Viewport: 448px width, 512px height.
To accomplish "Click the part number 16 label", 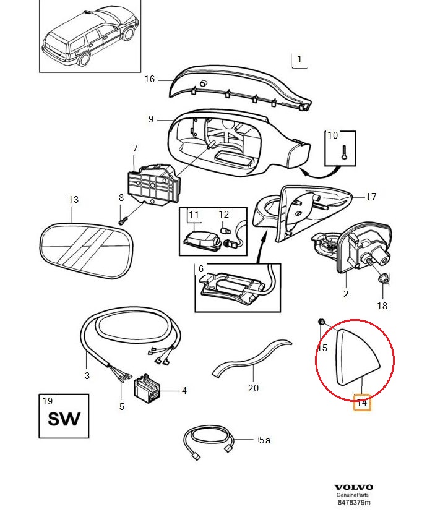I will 149,79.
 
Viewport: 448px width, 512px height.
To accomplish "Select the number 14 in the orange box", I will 362,403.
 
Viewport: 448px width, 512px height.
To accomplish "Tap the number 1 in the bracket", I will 299,59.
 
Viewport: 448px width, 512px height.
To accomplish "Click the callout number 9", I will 150,119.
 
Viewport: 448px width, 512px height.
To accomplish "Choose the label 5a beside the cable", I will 264,440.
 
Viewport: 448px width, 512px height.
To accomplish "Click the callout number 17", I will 371,197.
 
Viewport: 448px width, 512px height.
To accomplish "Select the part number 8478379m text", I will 353,503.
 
